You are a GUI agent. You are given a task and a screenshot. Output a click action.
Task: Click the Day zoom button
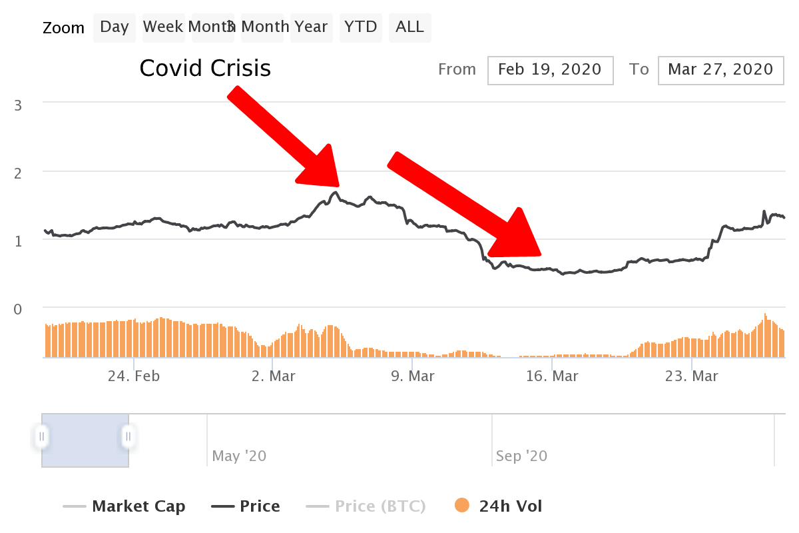115,27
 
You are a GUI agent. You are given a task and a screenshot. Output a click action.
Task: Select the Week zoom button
164,27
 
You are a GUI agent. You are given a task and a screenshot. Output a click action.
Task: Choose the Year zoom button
312,27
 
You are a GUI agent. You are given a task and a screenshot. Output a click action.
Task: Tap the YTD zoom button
361,27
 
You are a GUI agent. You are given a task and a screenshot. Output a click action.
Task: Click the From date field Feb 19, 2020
551,71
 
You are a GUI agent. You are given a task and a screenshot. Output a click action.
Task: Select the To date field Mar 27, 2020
721,71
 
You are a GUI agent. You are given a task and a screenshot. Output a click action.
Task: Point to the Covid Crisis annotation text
205,68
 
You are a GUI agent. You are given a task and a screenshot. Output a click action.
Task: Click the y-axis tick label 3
18,106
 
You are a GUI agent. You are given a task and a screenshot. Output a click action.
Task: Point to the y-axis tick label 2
18,173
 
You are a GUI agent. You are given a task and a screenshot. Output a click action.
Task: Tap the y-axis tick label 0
18,309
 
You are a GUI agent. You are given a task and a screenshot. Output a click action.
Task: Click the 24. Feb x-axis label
134,376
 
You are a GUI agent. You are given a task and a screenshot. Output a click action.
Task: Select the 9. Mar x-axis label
413,376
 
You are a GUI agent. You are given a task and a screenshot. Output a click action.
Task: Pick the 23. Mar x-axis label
691,376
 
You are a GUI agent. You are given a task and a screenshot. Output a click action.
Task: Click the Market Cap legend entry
124,506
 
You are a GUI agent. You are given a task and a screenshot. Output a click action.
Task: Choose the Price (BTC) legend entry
366,506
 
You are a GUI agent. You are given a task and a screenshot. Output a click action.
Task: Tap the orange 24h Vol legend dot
462,505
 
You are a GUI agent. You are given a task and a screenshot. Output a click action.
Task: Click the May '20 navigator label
239,456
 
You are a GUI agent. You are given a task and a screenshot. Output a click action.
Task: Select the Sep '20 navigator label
521,456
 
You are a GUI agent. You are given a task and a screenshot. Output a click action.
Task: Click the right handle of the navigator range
128,436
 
